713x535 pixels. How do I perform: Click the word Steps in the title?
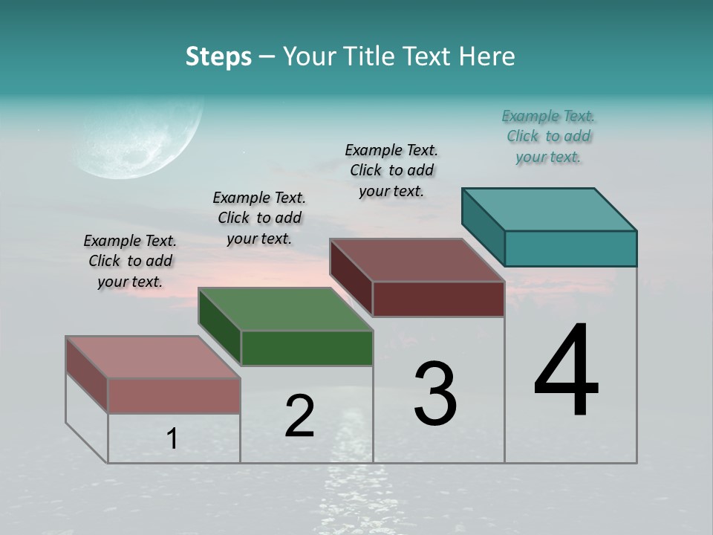[218, 56]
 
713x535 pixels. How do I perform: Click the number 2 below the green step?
[299, 416]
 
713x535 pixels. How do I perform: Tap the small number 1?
[172, 438]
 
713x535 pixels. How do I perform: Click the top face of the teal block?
[550, 209]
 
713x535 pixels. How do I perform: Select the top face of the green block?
[286, 308]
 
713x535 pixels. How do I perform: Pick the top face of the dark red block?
[417, 259]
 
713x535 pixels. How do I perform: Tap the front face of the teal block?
[570, 248]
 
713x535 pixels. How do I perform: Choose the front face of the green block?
[307, 348]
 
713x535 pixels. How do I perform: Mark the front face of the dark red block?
[438, 299]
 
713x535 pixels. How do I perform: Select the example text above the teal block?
[548, 136]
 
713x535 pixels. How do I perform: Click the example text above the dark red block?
[391, 170]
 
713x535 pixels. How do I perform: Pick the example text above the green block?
[259, 218]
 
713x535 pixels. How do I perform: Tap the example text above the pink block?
[130, 261]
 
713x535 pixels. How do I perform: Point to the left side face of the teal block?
[483, 227]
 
